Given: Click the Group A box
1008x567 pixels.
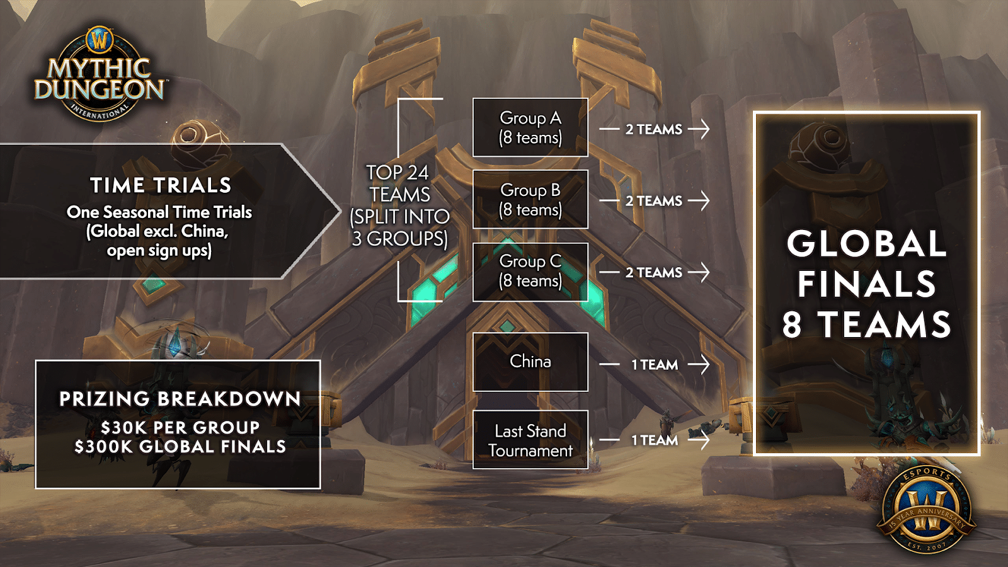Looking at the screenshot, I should point(530,127).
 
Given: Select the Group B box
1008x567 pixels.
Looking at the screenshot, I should point(530,199).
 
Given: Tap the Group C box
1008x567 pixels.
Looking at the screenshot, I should point(530,272).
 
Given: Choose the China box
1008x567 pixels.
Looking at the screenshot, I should point(530,362).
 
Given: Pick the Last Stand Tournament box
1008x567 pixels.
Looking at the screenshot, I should point(530,440).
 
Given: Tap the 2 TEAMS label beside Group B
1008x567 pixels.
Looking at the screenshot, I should point(654,201).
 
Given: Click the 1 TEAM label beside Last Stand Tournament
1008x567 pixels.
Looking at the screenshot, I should point(655,440).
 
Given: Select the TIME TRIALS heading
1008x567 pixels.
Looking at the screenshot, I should point(161,185).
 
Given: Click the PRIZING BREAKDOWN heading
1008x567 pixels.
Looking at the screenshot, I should point(180,399).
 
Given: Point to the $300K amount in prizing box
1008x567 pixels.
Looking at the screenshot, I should point(104,447).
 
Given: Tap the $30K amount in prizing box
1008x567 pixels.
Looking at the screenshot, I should point(124,428).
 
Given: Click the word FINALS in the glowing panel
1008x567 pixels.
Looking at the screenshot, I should point(866,284).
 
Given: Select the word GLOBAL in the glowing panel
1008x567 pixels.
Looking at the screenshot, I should point(866,244).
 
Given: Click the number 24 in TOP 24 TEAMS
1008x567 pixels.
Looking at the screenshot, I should point(417,173).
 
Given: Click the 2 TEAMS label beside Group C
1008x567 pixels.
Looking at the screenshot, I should point(654,273).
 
